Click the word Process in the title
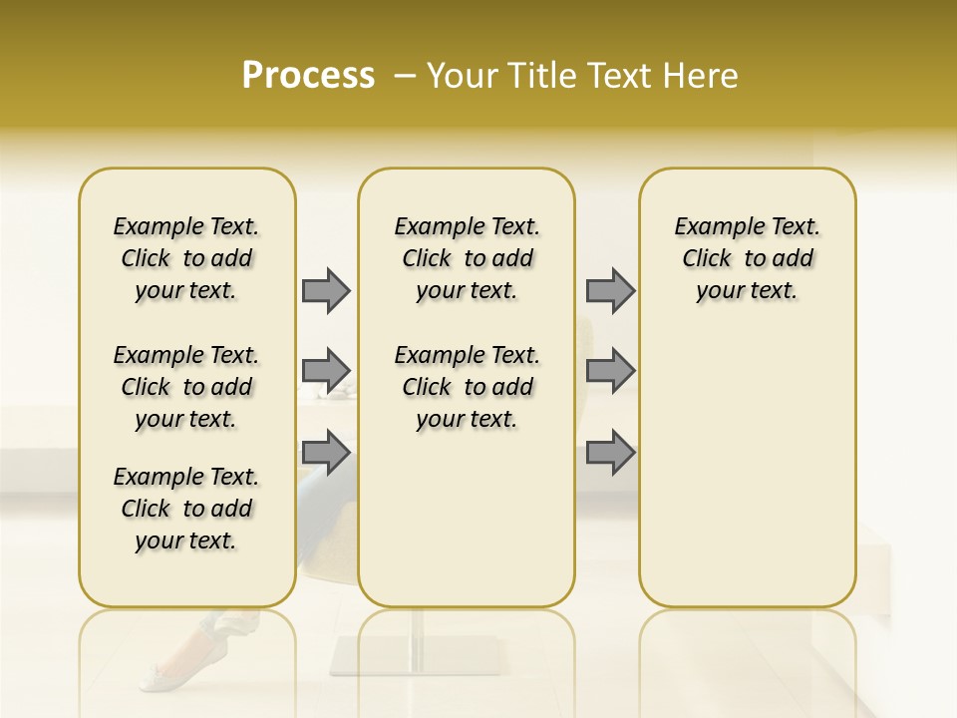click(308, 75)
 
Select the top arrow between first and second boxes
click(326, 290)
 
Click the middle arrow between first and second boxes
click(326, 371)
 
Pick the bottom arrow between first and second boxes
click(326, 454)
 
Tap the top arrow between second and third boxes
click(610, 290)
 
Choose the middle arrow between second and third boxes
click(610, 371)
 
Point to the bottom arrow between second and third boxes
click(610, 454)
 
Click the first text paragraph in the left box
click(186, 258)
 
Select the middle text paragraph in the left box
click(186, 387)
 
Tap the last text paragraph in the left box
click(186, 509)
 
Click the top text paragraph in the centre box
click(467, 258)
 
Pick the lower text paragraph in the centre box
click(467, 387)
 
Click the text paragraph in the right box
click(747, 258)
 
